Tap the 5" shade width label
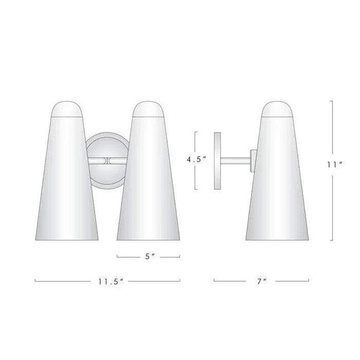click(150, 257)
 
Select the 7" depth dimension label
click(262, 281)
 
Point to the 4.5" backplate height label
click(196, 159)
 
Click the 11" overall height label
click(335, 165)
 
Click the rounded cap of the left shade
click(67, 109)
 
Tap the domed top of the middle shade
click(148, 109)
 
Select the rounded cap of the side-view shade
click(277, 109)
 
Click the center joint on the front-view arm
click(107, 160)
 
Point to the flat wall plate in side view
click(217, 160)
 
